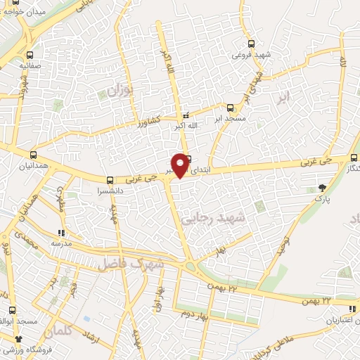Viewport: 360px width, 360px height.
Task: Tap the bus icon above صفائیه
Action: pos(29,55)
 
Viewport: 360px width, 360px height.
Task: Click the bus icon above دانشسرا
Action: pos(109,180)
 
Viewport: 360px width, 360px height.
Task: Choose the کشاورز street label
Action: pos(148,120)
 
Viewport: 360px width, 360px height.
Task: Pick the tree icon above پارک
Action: pos(323,187)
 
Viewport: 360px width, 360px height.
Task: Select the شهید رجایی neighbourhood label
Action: pos(214,219)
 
